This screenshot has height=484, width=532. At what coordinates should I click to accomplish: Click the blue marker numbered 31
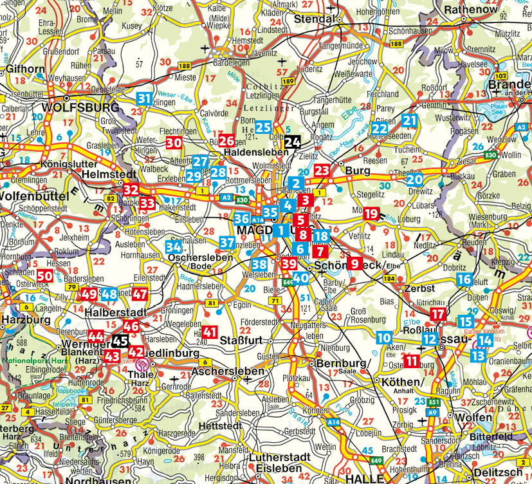(x=145, y=98)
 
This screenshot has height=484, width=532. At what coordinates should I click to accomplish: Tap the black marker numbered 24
(x=292, y=143)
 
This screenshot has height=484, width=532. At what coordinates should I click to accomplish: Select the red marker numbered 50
(x=44, y=276)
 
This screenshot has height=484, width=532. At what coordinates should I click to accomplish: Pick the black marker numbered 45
(x=120, y=340)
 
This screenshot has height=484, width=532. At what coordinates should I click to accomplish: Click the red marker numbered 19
(x=371, y=214)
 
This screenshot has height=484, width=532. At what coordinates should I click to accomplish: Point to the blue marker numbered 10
(x=384, y=337)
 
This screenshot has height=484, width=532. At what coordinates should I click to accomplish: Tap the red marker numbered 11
(x=412, y=360)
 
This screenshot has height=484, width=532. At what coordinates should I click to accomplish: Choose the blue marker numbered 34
(x=173, y=247)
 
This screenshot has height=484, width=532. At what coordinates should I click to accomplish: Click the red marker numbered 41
(x=209, y=332)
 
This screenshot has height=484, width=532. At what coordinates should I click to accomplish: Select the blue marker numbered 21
(x=409, y=120)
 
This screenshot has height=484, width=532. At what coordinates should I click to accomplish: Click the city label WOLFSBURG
(x=80, y=107)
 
